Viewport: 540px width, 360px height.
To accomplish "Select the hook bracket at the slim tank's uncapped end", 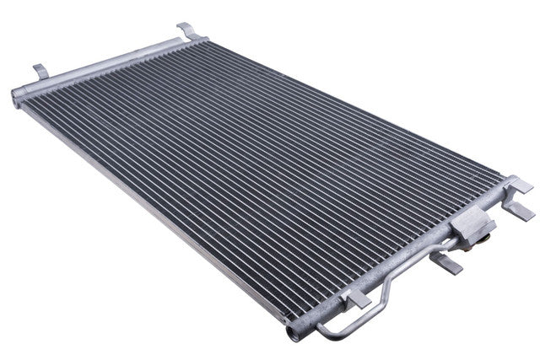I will tap(189, 31).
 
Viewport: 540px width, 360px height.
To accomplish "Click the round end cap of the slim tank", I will tap(17, 96).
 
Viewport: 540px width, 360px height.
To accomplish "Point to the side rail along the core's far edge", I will tap(354, 101).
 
